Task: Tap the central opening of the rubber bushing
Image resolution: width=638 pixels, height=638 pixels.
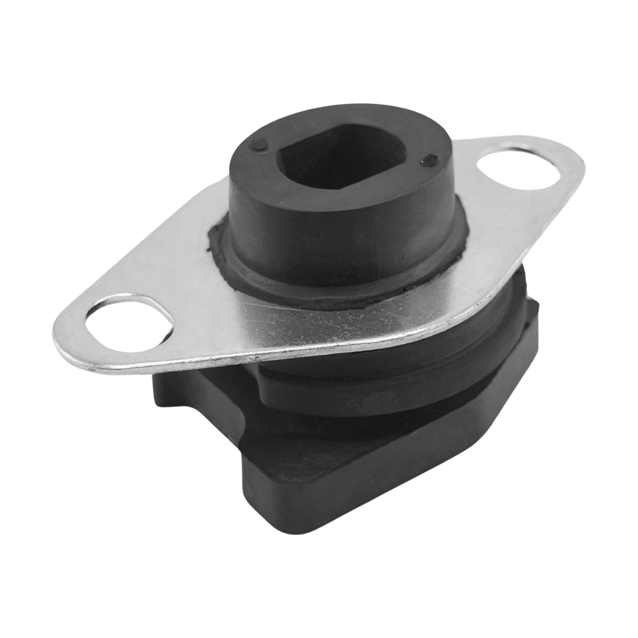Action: [x=343, y=165]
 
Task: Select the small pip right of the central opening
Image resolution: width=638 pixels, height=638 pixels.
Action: [x=430, y=161]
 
